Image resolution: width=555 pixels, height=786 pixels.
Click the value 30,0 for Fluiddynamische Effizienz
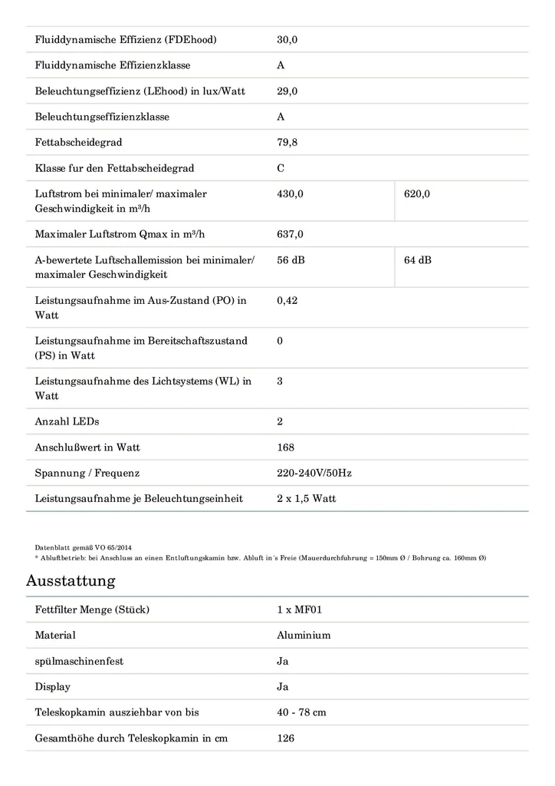(x=287, y=40)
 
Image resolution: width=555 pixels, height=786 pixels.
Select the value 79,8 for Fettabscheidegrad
(x=287, y=143)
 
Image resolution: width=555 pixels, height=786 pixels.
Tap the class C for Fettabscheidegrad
(x=281, y=168)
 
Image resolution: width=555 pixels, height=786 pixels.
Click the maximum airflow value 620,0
(x=417, y=194)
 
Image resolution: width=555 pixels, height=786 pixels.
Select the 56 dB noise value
(x=291, y=260)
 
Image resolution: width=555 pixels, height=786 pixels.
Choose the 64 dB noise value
(x=418, y=260)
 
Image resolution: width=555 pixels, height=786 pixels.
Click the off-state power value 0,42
(x=287, y=300)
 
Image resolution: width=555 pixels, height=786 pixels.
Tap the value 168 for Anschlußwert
(x=285, y=447)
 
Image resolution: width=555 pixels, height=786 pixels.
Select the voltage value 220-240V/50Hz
(x=314, y=473)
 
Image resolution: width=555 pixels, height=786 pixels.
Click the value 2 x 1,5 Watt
(x=306, y=499)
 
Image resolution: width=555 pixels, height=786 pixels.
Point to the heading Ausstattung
(x=71, y=580)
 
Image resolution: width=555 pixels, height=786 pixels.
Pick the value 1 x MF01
(x=296, y=610)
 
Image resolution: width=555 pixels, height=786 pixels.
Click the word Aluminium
(x=304, y=636)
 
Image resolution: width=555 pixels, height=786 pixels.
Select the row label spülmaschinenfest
(x=79, y=662)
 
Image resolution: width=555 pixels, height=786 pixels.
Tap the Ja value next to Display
(x=283, y=687)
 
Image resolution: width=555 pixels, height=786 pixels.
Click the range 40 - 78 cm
(x=301, y=712)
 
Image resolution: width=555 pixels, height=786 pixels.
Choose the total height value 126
(x=285, y=738)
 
